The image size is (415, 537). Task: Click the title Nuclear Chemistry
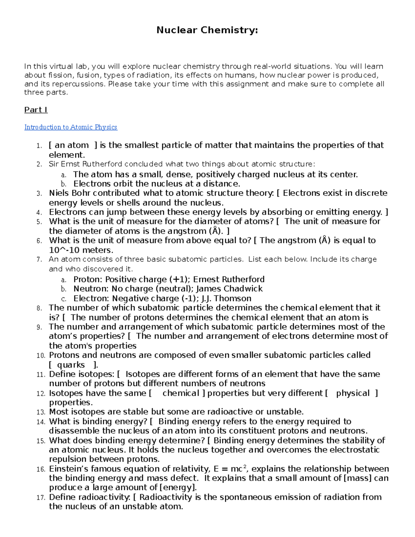(207, 30)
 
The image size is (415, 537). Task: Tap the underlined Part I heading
(36, 110)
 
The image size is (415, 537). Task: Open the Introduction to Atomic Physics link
(71, 127)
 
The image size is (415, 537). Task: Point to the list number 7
(39, 260)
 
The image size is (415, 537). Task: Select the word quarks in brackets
(71, 365)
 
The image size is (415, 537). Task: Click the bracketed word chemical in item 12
(181, 393)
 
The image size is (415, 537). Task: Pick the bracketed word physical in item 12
(353, 393)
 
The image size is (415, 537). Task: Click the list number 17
(40, 498)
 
